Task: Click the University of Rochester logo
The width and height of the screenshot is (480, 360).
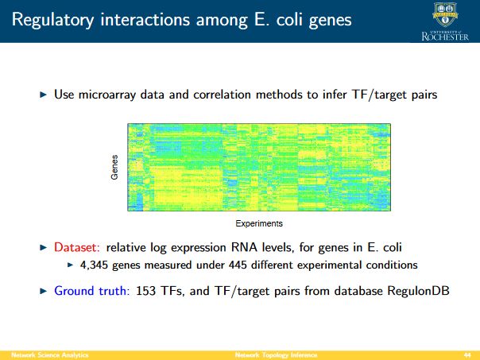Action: pyautogui.click(x=445, y=21)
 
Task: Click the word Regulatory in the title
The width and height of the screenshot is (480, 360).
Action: pyautogui.click(x=52, y=20)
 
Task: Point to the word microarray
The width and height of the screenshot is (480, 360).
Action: pyautogui.click(x=106, y=95)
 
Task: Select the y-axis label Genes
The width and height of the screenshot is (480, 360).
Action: pyautogui.click(x=114, y=167)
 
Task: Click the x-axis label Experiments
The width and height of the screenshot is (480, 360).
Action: pyautogui.click(x=259, y=223)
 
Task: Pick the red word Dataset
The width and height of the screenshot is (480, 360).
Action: pyautogui.click(x=77, y=247)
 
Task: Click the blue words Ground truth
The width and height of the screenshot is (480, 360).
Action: pyautogui.click(x=92, y=291)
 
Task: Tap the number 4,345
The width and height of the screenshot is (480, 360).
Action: pyautogui.click(x=94, y=265)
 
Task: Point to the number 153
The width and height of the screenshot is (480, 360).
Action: pyautogui.click(x=145, y=291)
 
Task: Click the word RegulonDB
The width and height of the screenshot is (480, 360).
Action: pyautogui.click(x=418, y=291)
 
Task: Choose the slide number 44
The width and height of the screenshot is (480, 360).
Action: pyautogui.click(x=467, y=355)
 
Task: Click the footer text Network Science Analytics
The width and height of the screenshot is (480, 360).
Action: pyautogui.click(x=50, y=355)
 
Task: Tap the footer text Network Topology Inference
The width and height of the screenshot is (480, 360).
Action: pyautogui.click(x=276, y=355)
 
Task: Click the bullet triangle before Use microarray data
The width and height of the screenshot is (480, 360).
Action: pyautogui.click(x=44, y=95)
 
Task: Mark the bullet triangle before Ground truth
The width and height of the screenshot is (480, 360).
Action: pyautogui.click(x=44, y=291)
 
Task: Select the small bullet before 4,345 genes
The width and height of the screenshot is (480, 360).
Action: pyautogui.click(x=71, y=265)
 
